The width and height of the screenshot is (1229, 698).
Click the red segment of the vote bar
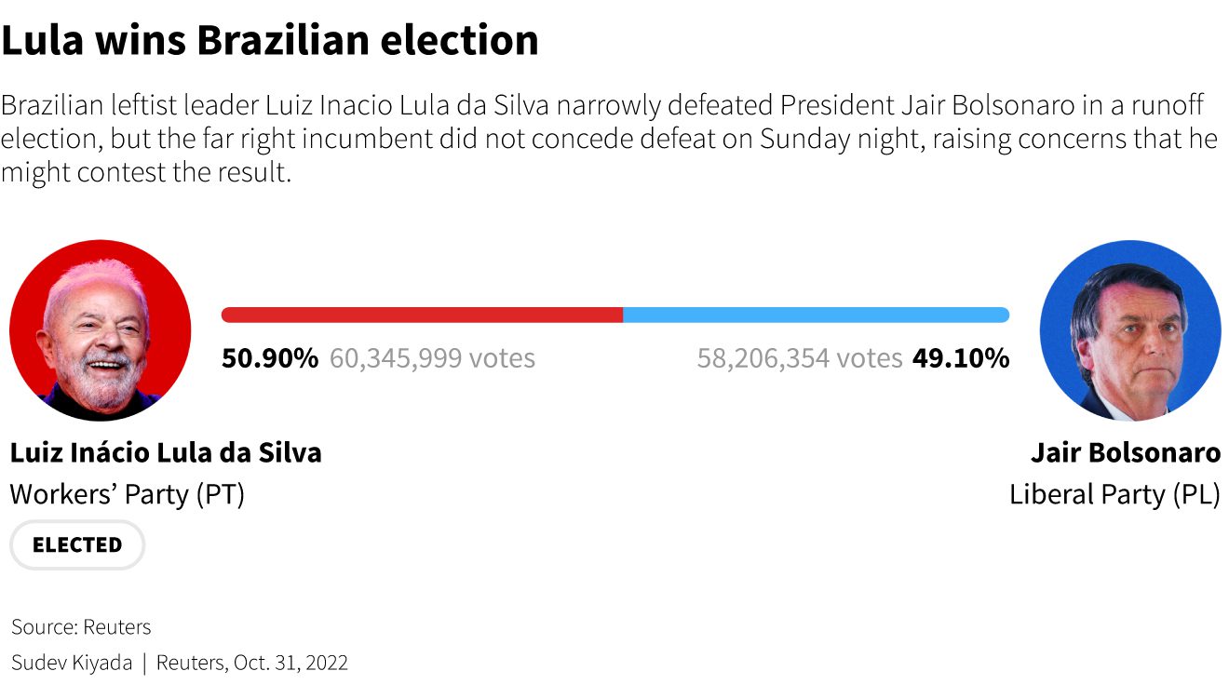[x=422, y=315]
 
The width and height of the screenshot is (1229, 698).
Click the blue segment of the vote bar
[x=817, y=315]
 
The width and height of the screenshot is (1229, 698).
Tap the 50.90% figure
[x=270, y=358]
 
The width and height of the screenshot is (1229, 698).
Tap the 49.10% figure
[x=961, y=358]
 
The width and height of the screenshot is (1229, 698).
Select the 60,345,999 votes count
[x=432, y=358]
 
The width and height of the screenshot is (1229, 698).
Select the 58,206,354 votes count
[x=800, y=358]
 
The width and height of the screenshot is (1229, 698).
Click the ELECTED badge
[x=77, y=544]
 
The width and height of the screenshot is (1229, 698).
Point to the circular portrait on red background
[x=101, y=330]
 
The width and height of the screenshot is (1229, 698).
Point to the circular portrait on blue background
[x=1130, y=330]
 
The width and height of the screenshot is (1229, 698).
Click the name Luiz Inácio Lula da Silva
[x=166, y=453]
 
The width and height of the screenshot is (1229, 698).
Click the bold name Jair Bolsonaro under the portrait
[x=1126, y=453]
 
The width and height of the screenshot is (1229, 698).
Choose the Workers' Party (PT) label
[x=127, y=494]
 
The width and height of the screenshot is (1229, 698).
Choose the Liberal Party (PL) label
[x=1114, y=494]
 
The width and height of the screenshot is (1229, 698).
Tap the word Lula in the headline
[x=42, y=40]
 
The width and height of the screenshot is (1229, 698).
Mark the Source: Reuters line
[x=81, y=626]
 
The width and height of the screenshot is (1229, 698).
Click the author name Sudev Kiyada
[x=72, y=663]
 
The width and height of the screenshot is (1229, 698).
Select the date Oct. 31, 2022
[x=290, y=663]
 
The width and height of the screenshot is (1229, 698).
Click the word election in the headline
[x=459, y=40]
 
